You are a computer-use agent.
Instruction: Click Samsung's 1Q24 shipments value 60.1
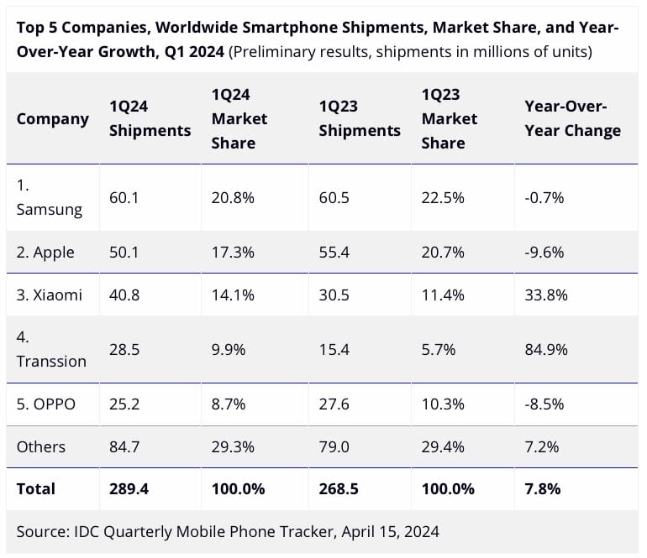(124, 198)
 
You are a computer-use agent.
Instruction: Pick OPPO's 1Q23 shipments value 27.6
(335, 404)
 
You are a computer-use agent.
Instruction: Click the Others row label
(40, 447)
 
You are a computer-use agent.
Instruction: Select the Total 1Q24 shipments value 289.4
(129, 488)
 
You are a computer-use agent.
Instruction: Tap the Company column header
(52, 118)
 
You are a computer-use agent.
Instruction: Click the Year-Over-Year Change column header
(572, 118)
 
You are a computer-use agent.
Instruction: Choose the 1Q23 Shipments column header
(360, 118)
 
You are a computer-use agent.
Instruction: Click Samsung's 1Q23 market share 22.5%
(443, 198)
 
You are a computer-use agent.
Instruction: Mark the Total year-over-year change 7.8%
(543, 488)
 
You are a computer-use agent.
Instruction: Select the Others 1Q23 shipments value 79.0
(335, 447)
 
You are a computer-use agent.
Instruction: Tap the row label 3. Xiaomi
(50, 295)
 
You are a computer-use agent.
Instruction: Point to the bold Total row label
(36, 488)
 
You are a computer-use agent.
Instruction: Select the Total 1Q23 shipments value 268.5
(339, 488)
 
